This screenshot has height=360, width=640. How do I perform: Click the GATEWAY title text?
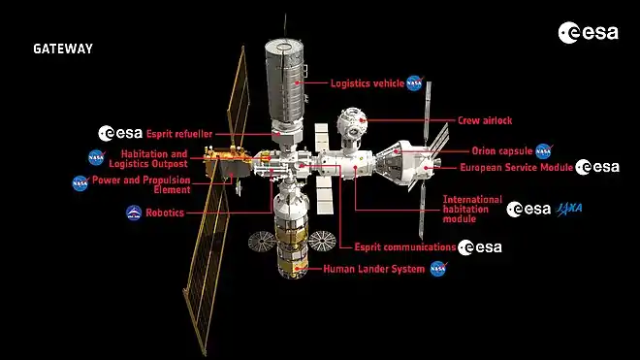pos(63,49)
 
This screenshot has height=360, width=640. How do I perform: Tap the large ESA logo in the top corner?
pos(589,33)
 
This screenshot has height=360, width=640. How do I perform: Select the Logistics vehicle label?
pos(368,83)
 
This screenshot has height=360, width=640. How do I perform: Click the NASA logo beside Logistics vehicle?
pos(415,82)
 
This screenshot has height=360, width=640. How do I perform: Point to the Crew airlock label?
pos(485,120)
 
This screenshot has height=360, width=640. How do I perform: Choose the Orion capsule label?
pos(502,150)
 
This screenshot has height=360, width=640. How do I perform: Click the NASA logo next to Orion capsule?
pos(544,151)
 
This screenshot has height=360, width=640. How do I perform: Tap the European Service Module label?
pos(516,167)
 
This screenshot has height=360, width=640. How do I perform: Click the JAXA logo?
pos(568,209)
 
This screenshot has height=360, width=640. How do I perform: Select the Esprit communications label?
pos(405,246)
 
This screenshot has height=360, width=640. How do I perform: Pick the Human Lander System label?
pos(374,269)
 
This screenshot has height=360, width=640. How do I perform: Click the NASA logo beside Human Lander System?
pos(438,269)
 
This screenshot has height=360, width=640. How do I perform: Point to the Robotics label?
pos(165,213)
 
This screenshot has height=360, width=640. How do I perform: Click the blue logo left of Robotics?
pos(134,213)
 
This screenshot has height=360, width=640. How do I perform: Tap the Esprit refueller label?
pos(179,134)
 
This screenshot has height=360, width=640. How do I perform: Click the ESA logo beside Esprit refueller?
pos(120,133)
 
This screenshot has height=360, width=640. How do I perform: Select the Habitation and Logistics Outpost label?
pos(148,159)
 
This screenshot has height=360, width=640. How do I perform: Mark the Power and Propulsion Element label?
pos(142,184)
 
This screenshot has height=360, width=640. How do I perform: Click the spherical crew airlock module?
pos(351,122)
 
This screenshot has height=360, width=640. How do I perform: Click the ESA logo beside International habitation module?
pos(528,210)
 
